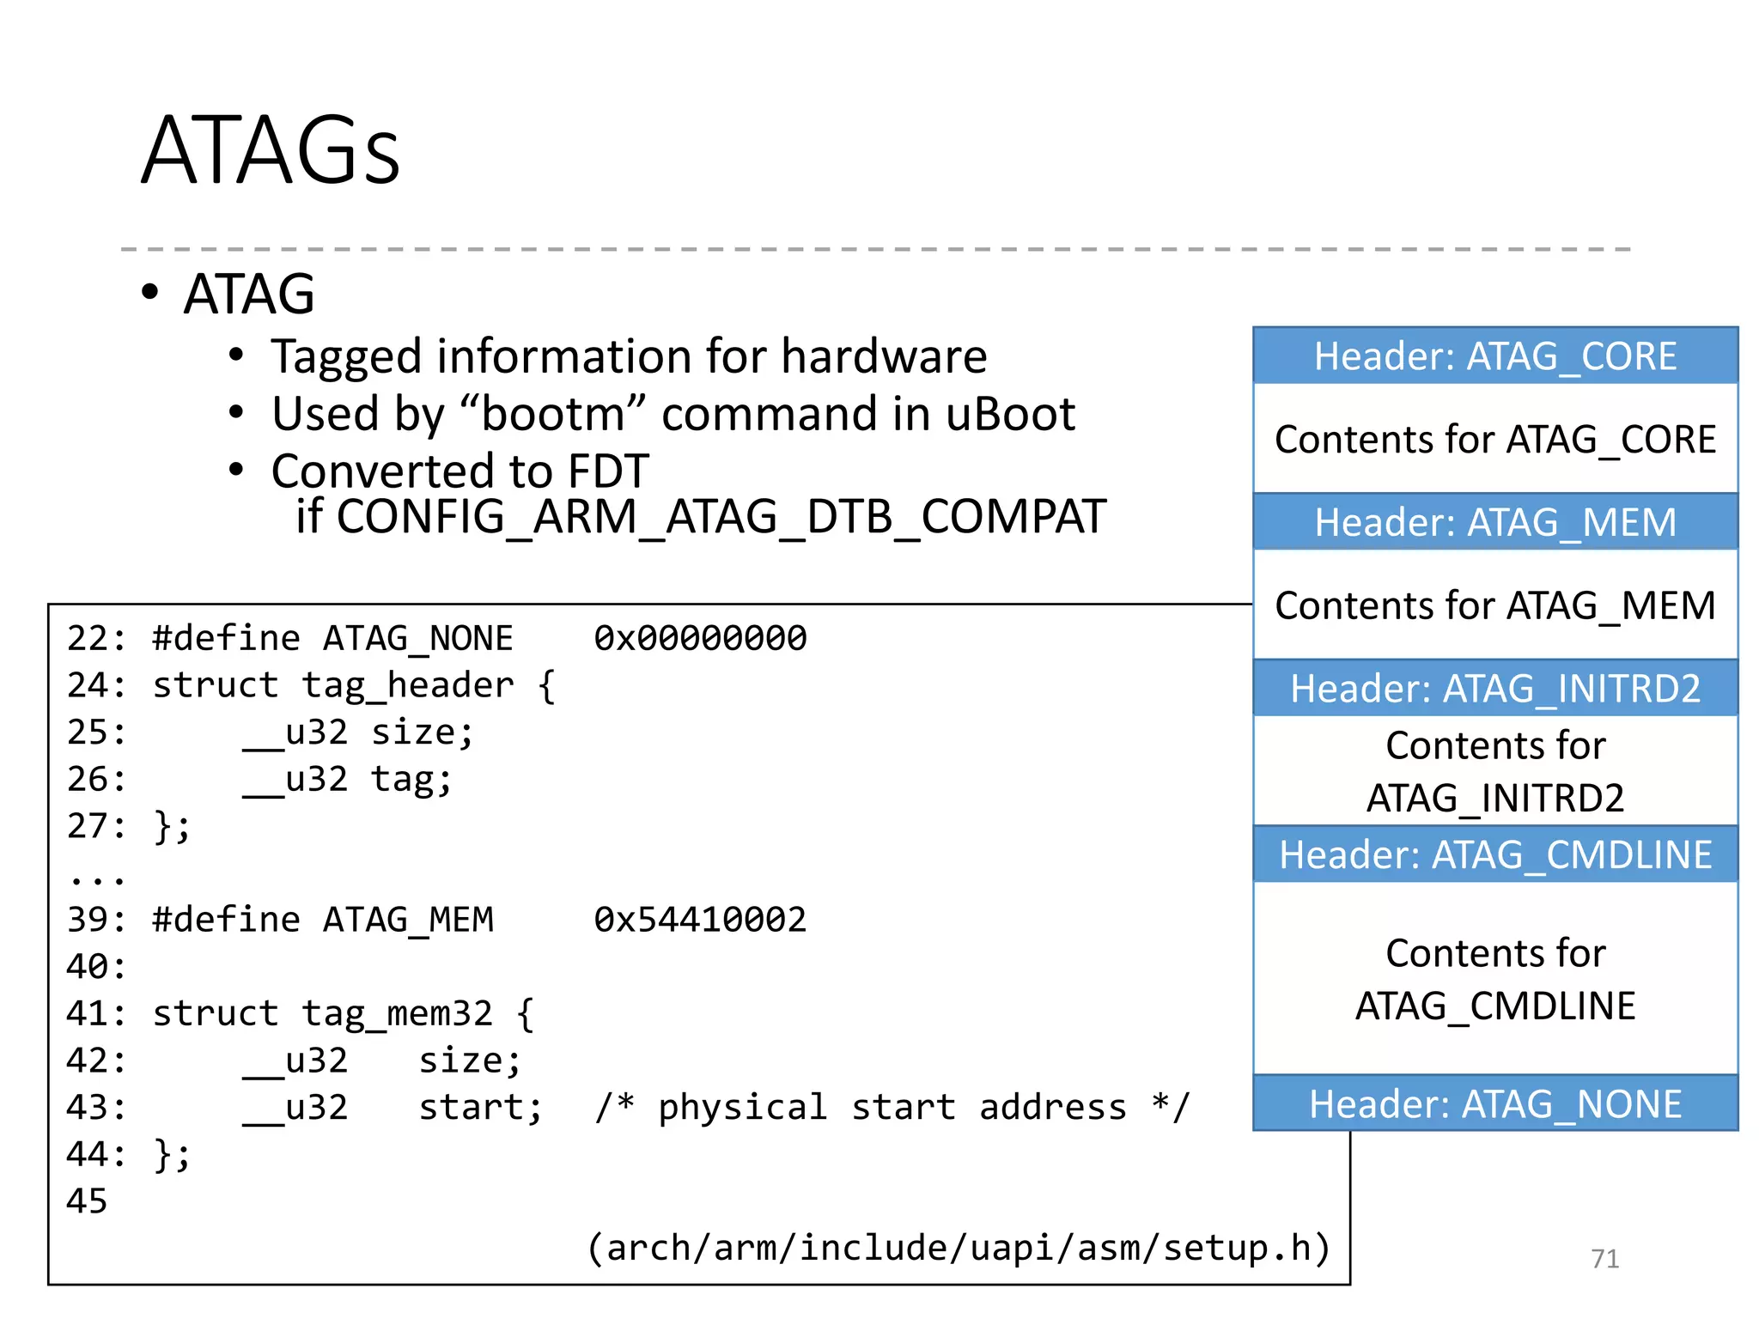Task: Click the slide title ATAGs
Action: [x=271, y=151]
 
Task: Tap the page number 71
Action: [x=1604, y=1258]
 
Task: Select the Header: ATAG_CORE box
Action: [x=1494, y=356]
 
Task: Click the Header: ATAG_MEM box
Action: [x=1494, y=522]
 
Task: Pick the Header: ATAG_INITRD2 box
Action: [x=1494, y=688]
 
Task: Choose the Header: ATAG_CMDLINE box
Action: [x=1494, y=854]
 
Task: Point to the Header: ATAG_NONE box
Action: [x=1494, y=1103]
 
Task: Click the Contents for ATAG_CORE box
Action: [x=1494, y=439]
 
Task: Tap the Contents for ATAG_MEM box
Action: [x=1494, y=605]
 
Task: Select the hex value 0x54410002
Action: [x=700, y=920]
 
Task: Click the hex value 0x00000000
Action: [x=700, y=638]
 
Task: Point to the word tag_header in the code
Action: [x=408, y=685]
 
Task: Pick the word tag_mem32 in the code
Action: [x=397, y=1013]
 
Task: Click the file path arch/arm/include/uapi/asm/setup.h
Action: [x=959, y=1248]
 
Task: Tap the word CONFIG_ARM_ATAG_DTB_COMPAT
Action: [x=721, y=517]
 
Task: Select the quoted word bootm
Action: [x=553, y=414]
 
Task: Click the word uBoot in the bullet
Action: [x=1010, y=414]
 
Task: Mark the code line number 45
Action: [x=87, y=1201]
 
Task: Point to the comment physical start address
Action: [x=892, y=1108]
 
